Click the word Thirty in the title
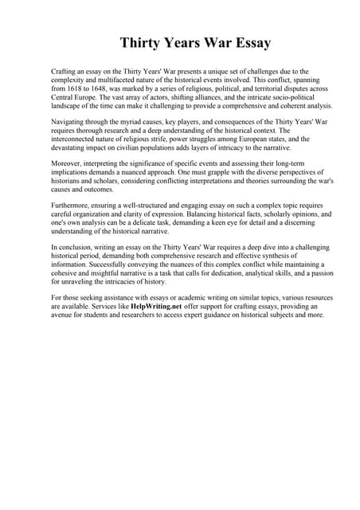(141, 43)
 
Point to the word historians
(68, 183)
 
